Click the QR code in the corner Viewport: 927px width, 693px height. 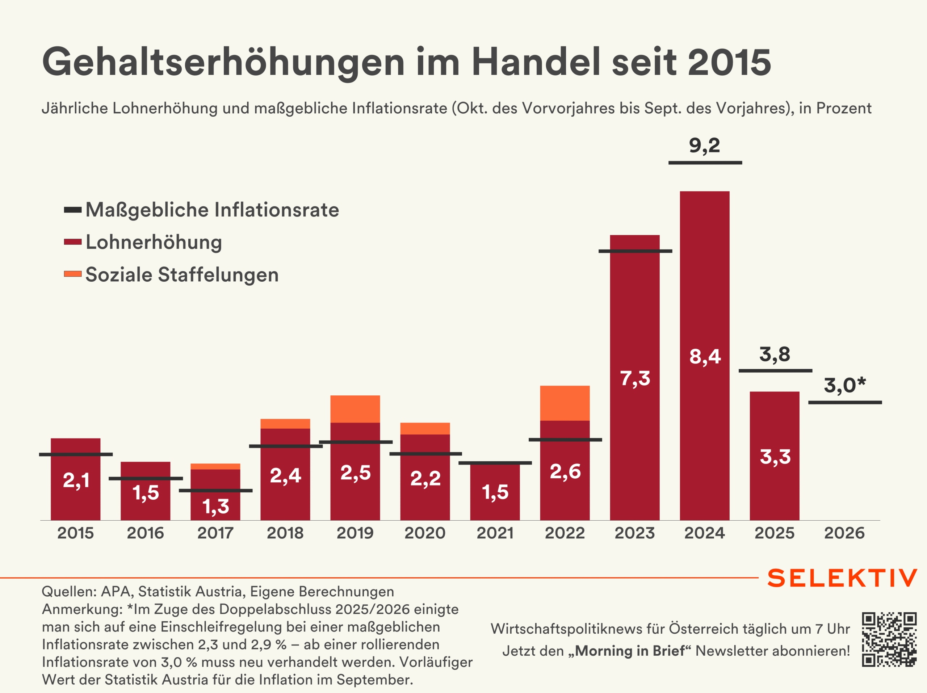(x=889, y=639)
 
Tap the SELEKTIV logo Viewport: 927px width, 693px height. (x=842, y=578)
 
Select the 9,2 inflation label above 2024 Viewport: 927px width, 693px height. (x=704, y=146)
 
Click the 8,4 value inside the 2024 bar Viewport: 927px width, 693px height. (x=705, y=357)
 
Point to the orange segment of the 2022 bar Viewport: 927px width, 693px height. (x=565, y=403)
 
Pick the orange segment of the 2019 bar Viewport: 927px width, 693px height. (x=355, y=409)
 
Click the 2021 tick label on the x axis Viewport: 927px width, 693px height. (x=495, y=533)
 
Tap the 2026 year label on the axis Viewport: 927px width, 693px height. (x=844, y=533)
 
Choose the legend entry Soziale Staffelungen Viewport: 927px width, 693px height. (x=182, y=275)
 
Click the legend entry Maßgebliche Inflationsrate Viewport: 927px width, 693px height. (x=212, y=210)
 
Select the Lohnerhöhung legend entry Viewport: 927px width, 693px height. (x=154, y=242)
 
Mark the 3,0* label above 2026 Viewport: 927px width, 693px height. (x=844, y=385)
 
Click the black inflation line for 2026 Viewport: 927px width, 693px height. (x=845, y=403)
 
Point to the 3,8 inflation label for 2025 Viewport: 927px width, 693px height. (x=775, y=354)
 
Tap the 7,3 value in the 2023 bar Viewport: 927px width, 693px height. (x=635, y=378)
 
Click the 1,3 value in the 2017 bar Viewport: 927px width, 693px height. (x=215, y=507)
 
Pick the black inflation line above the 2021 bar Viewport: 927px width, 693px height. (x=495, y=463)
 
